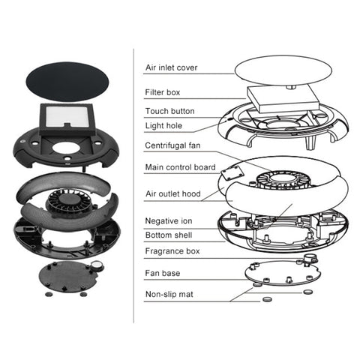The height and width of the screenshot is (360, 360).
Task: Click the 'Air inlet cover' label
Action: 171,67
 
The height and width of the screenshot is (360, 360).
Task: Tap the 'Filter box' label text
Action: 163,92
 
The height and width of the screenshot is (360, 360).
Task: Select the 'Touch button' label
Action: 169,111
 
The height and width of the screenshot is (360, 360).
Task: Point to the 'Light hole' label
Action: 163,125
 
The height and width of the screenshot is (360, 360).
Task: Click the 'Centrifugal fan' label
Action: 172,145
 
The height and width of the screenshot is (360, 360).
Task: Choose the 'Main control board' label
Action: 180,167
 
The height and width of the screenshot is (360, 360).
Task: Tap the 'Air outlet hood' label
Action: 173,193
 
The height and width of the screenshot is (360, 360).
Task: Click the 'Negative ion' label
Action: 169,221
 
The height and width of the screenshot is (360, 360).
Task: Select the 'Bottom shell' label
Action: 169,235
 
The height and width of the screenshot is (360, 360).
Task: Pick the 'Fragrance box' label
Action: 172,251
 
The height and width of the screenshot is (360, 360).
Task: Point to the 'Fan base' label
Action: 162,273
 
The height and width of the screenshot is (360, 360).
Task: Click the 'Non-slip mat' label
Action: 169,294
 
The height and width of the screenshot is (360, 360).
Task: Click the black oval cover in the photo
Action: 67,82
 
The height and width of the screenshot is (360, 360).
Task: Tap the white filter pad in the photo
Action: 66,116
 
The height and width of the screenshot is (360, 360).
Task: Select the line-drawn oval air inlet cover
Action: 283,70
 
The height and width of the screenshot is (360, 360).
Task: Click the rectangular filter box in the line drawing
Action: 283,98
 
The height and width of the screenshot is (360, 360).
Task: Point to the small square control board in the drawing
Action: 232,173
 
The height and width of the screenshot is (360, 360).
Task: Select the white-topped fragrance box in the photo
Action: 97,265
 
